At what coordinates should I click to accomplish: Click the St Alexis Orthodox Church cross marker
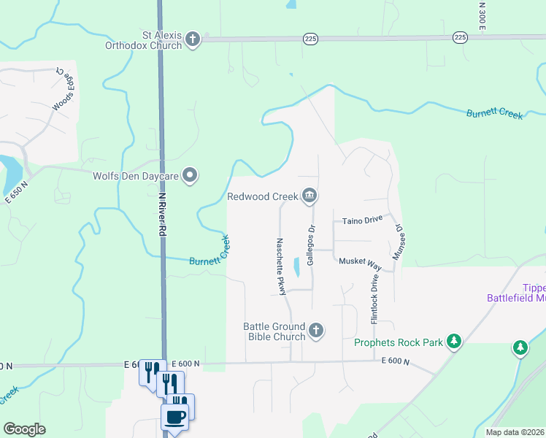(x=193, y=39)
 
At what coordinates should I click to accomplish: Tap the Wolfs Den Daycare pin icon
(x=191, y=175)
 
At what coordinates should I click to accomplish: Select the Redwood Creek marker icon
(x=309, y=196)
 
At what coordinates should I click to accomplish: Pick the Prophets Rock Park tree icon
(x=454, y=342)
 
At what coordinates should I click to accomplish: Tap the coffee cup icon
(x=174, y=418)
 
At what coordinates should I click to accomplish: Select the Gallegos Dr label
(x=311, y=245)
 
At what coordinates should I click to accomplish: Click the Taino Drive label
(x=363, y=220)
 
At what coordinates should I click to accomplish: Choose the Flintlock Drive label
(x=374, y=299)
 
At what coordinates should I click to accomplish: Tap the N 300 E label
(x=482, y=15)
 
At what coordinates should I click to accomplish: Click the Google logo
(x=24, y=429)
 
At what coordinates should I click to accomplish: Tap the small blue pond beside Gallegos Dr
(x=296, y=267)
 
